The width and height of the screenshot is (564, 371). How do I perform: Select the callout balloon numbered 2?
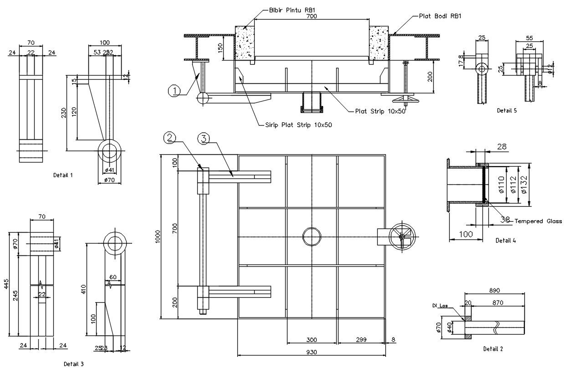(x=170, y=137)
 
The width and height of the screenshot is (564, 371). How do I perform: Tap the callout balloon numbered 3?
(x=203, y=139)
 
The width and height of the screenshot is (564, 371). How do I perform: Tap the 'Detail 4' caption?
(x=506, y=240)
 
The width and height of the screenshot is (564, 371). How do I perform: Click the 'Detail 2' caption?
(x=493, y=349)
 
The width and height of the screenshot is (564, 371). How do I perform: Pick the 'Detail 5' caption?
(x=507, y=110)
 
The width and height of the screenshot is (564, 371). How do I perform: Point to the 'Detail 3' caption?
(x=73, y=364)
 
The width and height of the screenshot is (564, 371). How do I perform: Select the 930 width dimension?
(x=312, y=352)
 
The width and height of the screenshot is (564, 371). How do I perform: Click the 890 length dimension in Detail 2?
(x=494, y=290)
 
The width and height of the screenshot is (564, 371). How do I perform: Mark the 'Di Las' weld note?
(x=439, y=306)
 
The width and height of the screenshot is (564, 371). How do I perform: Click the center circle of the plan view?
(x=312, y=237)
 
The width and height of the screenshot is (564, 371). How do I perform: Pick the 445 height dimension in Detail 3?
(x=6, y=284)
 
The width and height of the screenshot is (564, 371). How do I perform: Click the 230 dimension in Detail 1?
(x=64, y=112)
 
